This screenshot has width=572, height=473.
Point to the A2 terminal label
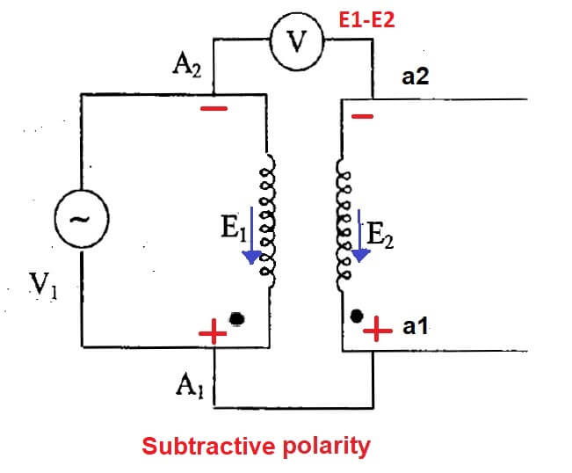pos(186,67)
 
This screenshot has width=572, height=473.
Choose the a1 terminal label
pos(415,328)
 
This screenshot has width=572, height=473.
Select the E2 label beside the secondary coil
pos(383,235)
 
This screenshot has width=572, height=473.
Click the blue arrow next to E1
pos(252,235)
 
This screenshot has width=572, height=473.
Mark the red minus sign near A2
pos(214,109)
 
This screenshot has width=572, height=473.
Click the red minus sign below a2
pos(362,116)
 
